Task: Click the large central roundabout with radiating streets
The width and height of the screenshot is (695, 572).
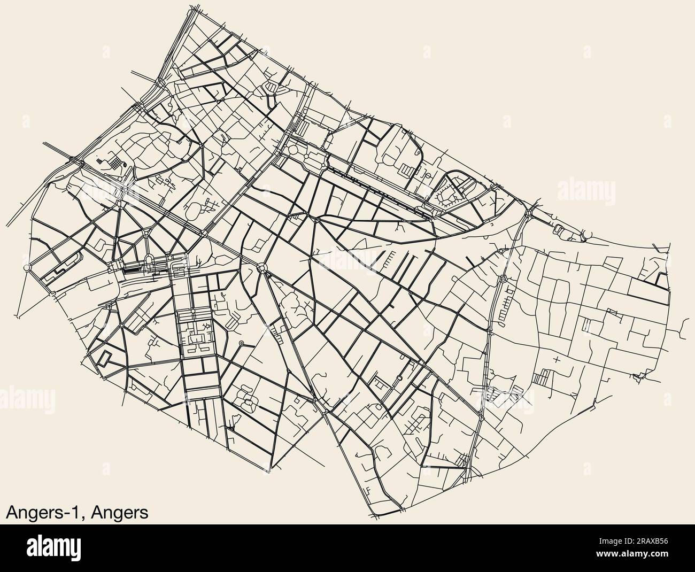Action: point(262,268)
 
